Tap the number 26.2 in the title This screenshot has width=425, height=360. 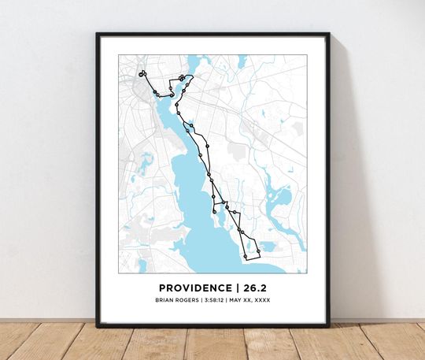253,288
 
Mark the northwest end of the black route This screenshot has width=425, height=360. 142,75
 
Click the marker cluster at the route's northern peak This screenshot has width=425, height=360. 182,77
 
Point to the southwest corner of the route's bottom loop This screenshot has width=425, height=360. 246,257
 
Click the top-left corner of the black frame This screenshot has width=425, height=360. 98,34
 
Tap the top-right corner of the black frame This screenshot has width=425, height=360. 328,34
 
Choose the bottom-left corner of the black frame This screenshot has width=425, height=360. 98,325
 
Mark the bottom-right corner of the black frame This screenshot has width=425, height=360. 328,325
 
